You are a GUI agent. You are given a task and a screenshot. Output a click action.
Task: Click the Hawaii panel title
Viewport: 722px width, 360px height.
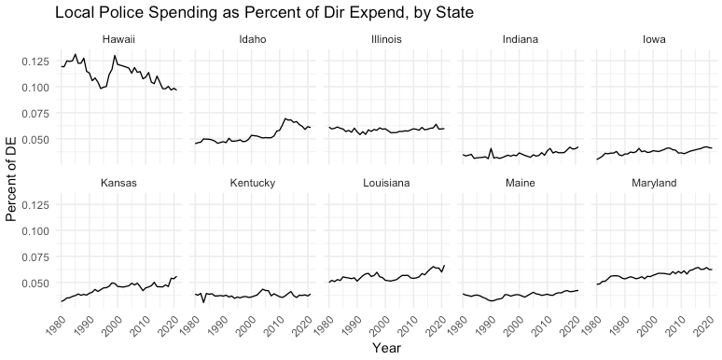pyautogui.click(x=118, y=39)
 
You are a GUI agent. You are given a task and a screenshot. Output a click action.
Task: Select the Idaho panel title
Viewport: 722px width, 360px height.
pyautogui.click(x=253, y=39)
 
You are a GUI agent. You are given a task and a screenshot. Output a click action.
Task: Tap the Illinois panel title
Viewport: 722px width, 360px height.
pyautogui.click(x=386, y=39)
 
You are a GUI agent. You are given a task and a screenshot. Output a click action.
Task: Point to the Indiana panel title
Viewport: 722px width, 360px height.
pyautogui.click(x=521, y=39)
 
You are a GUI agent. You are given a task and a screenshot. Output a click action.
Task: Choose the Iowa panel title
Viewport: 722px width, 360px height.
pyautogui.click(x=654, y=39)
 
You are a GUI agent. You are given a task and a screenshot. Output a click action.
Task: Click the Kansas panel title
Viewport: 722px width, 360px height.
pyautogui.click(x=118, y=183)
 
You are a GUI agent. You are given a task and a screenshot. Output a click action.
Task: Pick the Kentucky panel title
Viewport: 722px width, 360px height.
pyautogui.click(x=253, y=183)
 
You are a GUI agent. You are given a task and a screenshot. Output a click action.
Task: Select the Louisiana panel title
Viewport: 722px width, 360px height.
pyautogui.click(x=386, y=183)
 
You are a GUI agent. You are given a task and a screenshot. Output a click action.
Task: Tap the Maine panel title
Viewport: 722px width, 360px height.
pyautogui.click(x=521, y=183)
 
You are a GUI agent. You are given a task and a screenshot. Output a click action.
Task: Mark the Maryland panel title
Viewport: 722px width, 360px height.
pyautogui.click(x=654, y=183)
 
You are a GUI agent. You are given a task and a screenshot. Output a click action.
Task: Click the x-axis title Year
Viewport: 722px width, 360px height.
pyautogui.click(x=386, y=348)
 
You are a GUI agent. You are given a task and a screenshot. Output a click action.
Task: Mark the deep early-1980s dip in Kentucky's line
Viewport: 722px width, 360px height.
pyautogui.click(x=203, y=302)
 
